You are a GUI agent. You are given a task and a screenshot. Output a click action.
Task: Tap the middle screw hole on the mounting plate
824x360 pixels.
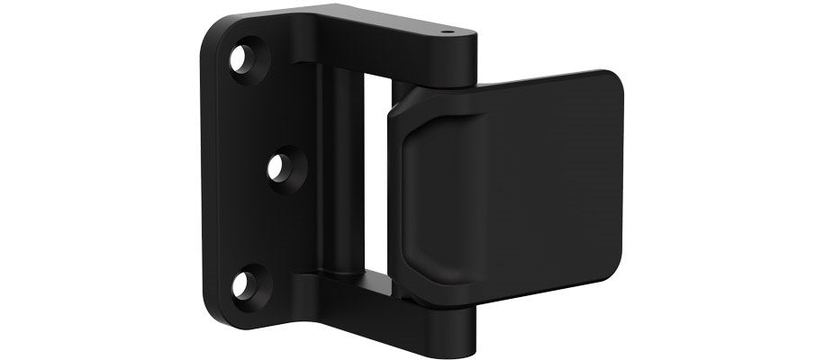click(x=282, y=167)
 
